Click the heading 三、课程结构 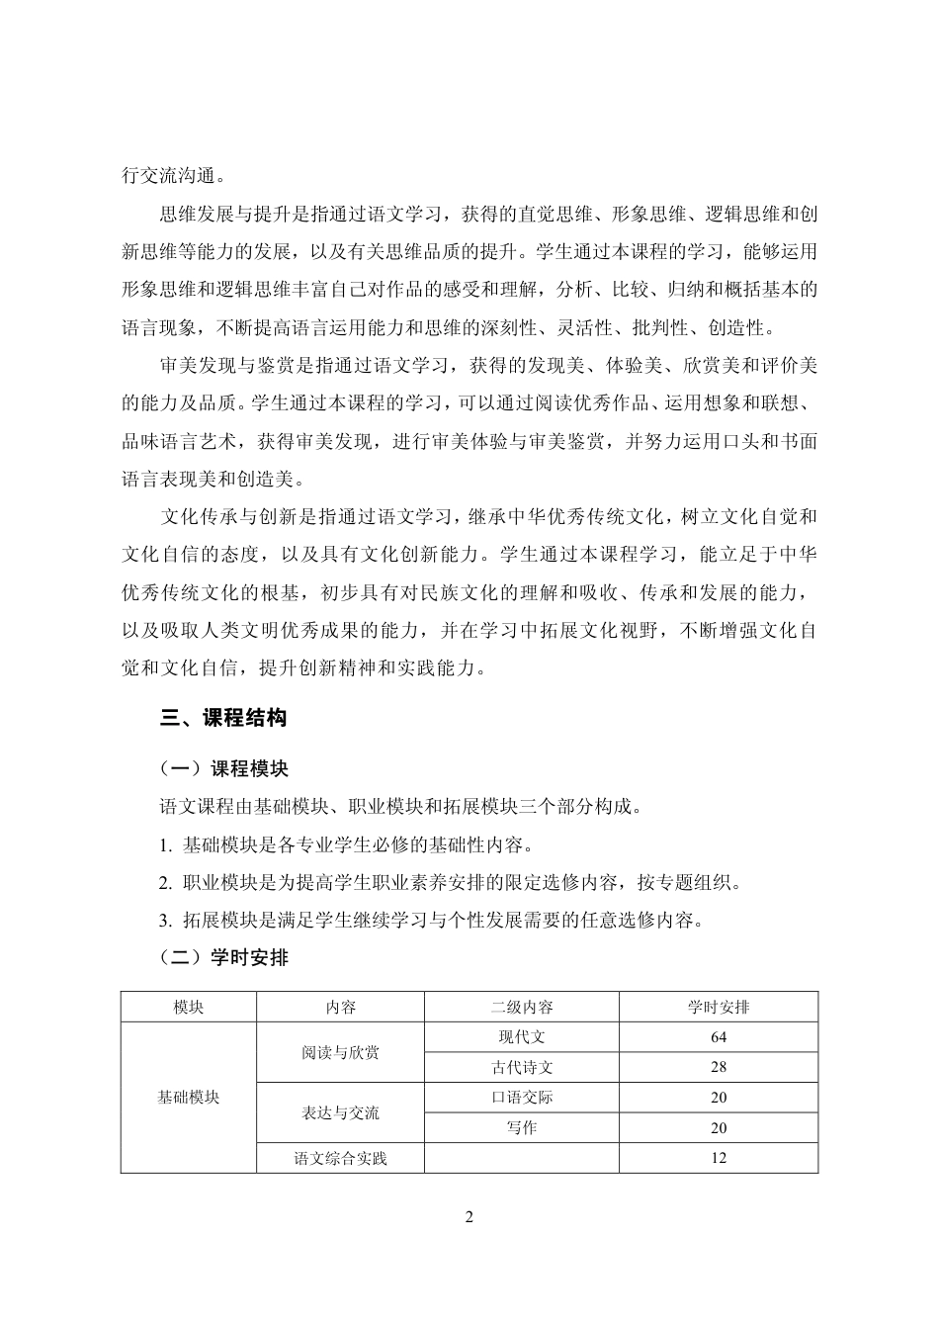pyautogui.click(x=223, y=719)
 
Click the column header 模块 pyautogui.click(x=189, y=1007)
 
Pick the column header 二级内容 pyautogui.click(x=522, y=1007)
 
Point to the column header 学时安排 pyautogui.click(x=719, y=1007)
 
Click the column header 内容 pyautogui.click(x=340, y=1007)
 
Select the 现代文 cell pyautogui.click(x=522, y=1036)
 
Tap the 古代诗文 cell pyautogui.click(x=522, y=1067)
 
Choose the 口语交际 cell pyautogui.click(x=522, y=1097)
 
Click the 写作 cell pyautogui.click(x=522, y=1127)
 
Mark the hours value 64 pyautogui.click(x=719, y=1036)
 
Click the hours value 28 pyautogui.click(x=719, y=1067)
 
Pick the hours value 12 pyautogui.click(x=719, y=1158)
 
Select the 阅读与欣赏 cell pyautogui.click(x=340, y=1052)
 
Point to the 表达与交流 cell pyautogui.click(x=340, y=1112)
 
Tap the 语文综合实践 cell pyautogui.click(x=340, y=1158)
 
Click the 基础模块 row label pyautogui.click(x=189, y=1097)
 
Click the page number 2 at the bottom pyautogui.click(x=469, y=1216)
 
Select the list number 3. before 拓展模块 pyautogui.click(x=165, y=921)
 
